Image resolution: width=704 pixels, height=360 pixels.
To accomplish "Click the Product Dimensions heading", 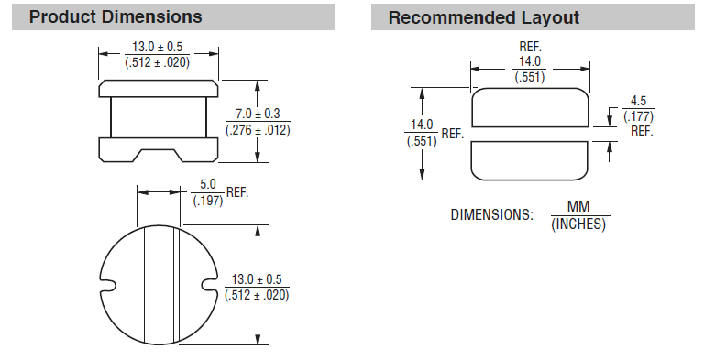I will coord(115,17).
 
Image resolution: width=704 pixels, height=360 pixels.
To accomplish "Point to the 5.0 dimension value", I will coord(207,184).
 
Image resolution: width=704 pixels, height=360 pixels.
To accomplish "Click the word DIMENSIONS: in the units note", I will coord(491,215).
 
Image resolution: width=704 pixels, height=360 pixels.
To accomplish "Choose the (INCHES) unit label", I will coord(578,224).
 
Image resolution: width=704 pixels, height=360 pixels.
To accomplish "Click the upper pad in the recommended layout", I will coord(529,108).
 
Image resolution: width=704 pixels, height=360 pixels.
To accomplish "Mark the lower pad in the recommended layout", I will coord(529,161).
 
